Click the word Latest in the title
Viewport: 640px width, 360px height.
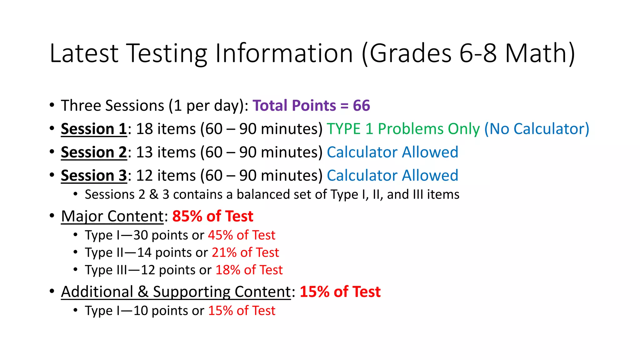[x=84, y=53]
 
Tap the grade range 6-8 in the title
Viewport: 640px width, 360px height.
[x=478, y=53]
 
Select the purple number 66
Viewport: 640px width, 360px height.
[x=362, y=106]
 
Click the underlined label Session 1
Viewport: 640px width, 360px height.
[x=94, y=129]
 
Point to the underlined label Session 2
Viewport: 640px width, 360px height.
[x=94, y=152]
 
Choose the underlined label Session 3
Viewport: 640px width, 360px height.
[x=94, y=176]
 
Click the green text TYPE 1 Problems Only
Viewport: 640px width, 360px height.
[x=403, y=129]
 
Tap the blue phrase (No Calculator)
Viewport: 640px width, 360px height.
[x=537, y=129]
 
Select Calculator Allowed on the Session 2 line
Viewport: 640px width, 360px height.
[x=392, y=152]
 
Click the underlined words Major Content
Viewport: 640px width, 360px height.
[x=112, y=216]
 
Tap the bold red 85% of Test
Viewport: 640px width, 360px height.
[x=212, y=216]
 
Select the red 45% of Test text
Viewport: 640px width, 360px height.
[x=242, y=235]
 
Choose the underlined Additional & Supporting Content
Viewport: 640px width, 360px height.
[x=176, y=292]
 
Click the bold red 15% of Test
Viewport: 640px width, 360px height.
[x=340, y=292]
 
